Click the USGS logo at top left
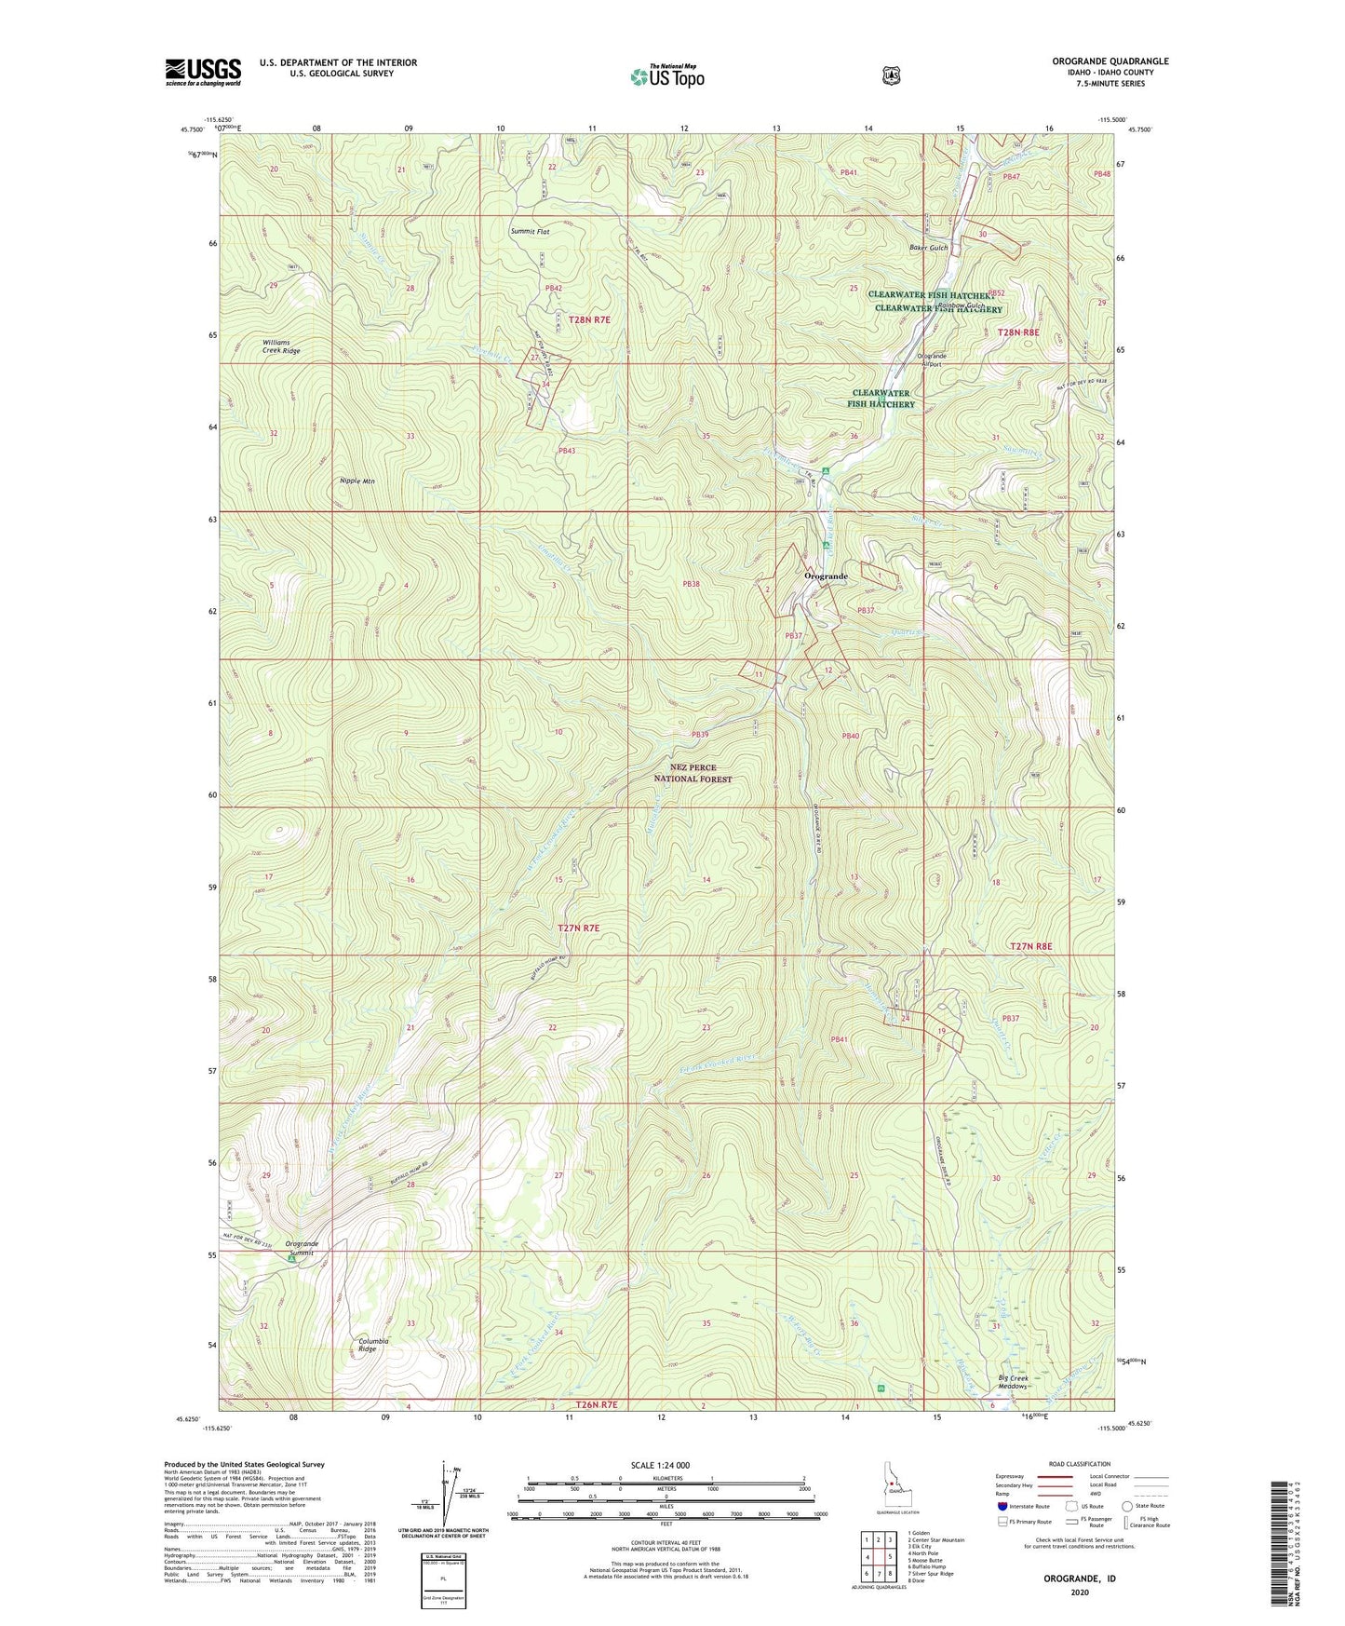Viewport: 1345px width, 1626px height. (203, 71)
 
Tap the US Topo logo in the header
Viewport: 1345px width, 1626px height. (666, 76)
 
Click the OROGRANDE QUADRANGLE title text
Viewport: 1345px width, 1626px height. (1110, 61)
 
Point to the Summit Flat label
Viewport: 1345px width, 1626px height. (530, 231)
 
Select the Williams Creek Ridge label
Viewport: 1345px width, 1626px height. (281, 346)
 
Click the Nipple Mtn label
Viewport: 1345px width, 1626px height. (357, 481)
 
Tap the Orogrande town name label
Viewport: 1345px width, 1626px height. (826, 576)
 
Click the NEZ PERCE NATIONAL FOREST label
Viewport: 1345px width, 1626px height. (693, 773)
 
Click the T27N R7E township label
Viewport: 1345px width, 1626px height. (579, 928)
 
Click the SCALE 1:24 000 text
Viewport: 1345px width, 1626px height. (660, 1465)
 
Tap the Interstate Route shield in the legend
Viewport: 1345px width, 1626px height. (1002, 1506)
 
